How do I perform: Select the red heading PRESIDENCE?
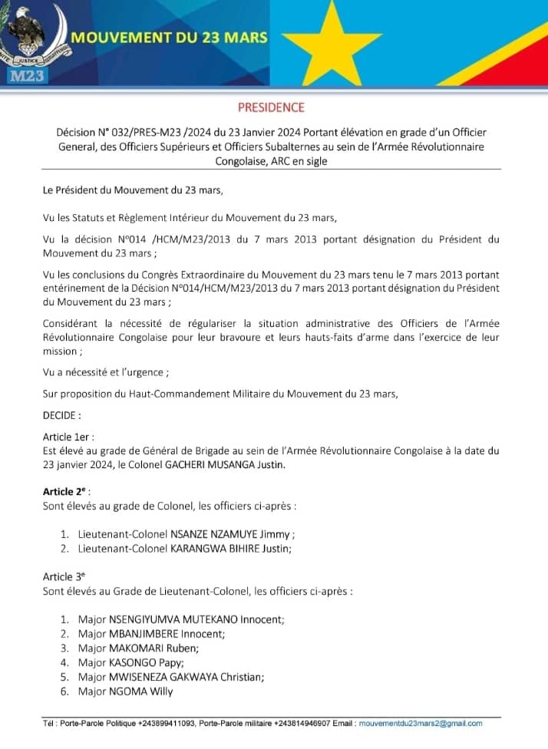[x=271, y=107]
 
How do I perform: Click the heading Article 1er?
[x=68, y=436]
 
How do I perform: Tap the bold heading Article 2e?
[x=66, y=491]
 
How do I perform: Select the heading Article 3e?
[x=64, y=576]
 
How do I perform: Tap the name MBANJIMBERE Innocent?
[x=167, y=633]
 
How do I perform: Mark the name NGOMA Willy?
[x=140, y=691]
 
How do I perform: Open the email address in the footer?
[x=421, y=723]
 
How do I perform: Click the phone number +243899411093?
[x=167, y=723]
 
